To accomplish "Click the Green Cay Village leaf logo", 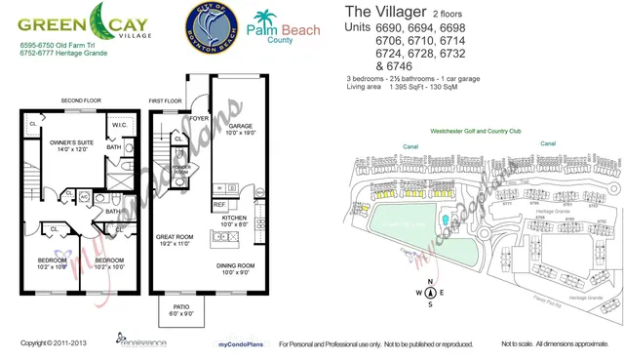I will [101, 20].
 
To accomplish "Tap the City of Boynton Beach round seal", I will [213, 28].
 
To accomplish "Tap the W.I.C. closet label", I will [121, 124].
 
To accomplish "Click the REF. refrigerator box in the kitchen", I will [219, 205].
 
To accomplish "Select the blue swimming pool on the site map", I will [445, 220].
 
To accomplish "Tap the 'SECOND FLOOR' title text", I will [81, 100].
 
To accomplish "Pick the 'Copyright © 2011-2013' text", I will [54, 343].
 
